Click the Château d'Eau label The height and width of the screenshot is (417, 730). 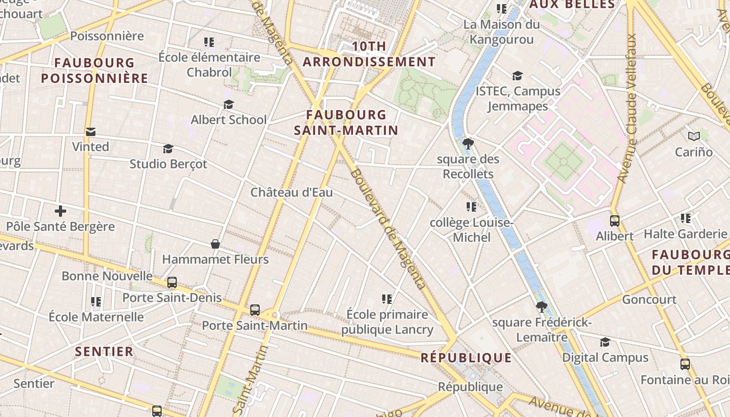(x=291, y=192)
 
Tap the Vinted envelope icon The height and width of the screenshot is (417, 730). (x=91, y=131)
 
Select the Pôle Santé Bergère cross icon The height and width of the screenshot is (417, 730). (x=60, y=211)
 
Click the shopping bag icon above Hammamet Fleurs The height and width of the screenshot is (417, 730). (x=215, y=243)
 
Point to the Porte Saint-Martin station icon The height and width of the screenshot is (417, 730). (x=255, y=310)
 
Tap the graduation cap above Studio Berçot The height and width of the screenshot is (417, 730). (x=168, y=149)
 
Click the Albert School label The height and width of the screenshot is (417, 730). (x=228, y=120)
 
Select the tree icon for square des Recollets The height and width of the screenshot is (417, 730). (x=468, y=143)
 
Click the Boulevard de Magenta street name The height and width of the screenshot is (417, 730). (x=388, y=229)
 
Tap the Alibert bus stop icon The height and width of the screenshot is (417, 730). (x=615, y=220)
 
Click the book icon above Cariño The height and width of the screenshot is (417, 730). (x=693, y=137)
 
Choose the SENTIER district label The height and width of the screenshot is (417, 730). (x=104, y=351)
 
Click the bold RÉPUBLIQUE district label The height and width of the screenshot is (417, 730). (x=466, y=358)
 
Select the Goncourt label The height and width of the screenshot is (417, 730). (x=649, y=300)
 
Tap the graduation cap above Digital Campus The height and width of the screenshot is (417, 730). (x=605, y=342)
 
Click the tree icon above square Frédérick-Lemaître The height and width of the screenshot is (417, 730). (x=542, y=307)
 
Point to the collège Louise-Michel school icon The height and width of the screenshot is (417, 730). (x=471, y=207)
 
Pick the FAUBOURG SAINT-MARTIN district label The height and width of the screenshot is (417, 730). (x=346, y=122)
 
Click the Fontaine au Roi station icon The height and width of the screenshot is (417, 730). (x=685, y=364)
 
